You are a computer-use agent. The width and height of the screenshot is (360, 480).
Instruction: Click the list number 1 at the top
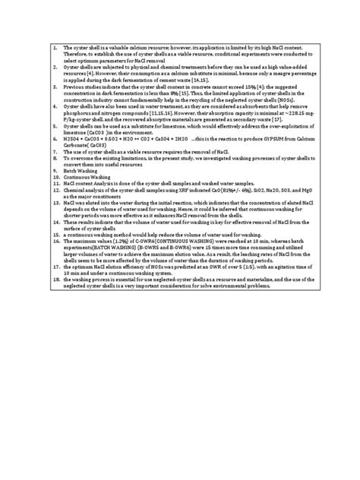pyautogui.click(x=54, y=48)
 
